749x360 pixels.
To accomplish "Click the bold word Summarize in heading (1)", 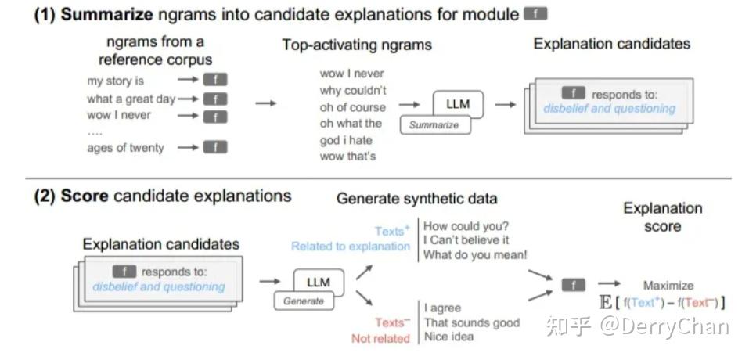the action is click(x=106, y=14).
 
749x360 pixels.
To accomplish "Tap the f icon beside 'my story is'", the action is click(x=215, y=80).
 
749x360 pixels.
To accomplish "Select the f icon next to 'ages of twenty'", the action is click(x=215, y=148).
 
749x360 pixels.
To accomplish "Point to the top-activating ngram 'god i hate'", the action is click(x=346, y=140).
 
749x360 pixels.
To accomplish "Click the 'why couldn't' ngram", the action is click(x=353, y=90).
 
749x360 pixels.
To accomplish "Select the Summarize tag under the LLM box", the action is click(x=434, y=125).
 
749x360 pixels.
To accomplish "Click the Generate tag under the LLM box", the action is click(x=304, y=301).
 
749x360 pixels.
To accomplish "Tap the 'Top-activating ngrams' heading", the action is click(x=356, y=45).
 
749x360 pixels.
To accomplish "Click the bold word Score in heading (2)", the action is click(x=85, y=196).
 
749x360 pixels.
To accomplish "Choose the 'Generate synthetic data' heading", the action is click(x=416, y=198).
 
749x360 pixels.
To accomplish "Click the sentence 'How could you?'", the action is click(x=466, y=225).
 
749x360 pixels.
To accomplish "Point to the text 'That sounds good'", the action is click(x=472, y=322).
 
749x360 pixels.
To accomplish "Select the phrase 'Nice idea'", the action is click(x=449, y=337).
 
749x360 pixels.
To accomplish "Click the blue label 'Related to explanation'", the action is click(x=351, y=247).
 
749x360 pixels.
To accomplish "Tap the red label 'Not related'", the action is click(x=380, y=339).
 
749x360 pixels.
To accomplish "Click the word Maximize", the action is click(x=668, y=286).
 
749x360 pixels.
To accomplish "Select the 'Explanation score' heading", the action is click(x=663, y=218).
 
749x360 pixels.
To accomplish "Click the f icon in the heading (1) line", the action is click(x=535, y=14).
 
